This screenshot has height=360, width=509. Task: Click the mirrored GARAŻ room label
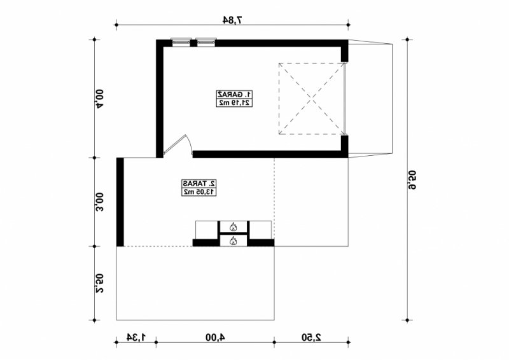click(234, 95)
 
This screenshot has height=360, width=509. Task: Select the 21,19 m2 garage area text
click(234, 103)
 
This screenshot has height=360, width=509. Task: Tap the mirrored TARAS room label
click(199, 183)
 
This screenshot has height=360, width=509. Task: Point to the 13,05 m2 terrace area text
click(199, 192)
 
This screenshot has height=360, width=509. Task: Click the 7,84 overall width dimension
click(233, 20)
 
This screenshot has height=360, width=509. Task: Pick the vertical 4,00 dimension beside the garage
click(99, 99)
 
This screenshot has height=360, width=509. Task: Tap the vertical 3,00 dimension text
click(99, 202)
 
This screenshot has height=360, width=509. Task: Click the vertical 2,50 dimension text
click(99, 284)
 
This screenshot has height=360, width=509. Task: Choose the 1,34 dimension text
click(136, 337)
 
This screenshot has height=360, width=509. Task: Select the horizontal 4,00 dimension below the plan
click(215, 337)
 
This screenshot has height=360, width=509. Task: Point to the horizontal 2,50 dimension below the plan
click(311, 337)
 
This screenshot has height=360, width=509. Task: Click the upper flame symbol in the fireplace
click(233, 226)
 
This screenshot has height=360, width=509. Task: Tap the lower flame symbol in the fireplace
click(233, 241)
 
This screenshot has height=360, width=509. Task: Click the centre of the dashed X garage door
click(312, 99)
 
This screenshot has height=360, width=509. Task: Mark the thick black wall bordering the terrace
click(120, 202)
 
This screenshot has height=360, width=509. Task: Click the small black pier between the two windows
click(193, 43)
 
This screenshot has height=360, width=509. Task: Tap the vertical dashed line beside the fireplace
click(274, 198)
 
